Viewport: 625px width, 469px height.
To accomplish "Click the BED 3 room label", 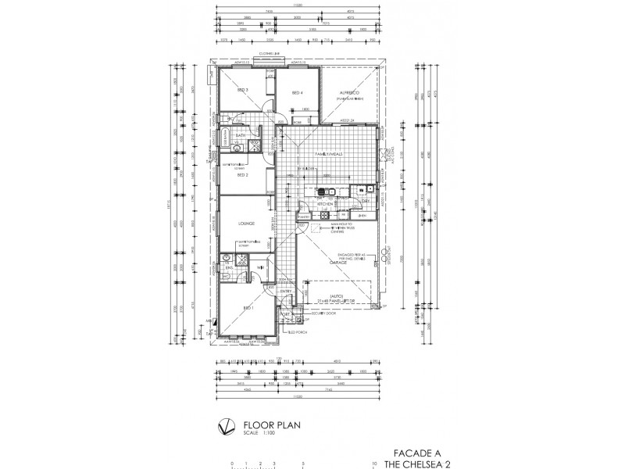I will pyautogui.click(x=242, y=91).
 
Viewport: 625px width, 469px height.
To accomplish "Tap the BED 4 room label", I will pyautogui.click(x=297, y=93).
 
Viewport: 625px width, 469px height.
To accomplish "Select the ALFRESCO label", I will pyautogui.click(x=348, y=92).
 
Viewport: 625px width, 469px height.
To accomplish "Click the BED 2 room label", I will pyautogui.click(x=242, y=176).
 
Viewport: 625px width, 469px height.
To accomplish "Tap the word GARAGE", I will pyautogui.click(x=338, y=263).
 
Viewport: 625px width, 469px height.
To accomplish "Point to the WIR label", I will pyautogui.click(x=260, y=267).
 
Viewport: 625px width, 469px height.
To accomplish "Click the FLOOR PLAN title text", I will pyautogui.click(x=263, y=426).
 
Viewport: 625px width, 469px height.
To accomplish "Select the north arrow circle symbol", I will pyautogui.click(x=224, y=428).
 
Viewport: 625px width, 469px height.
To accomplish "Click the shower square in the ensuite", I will pyautogui.click(x=242, y=257).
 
